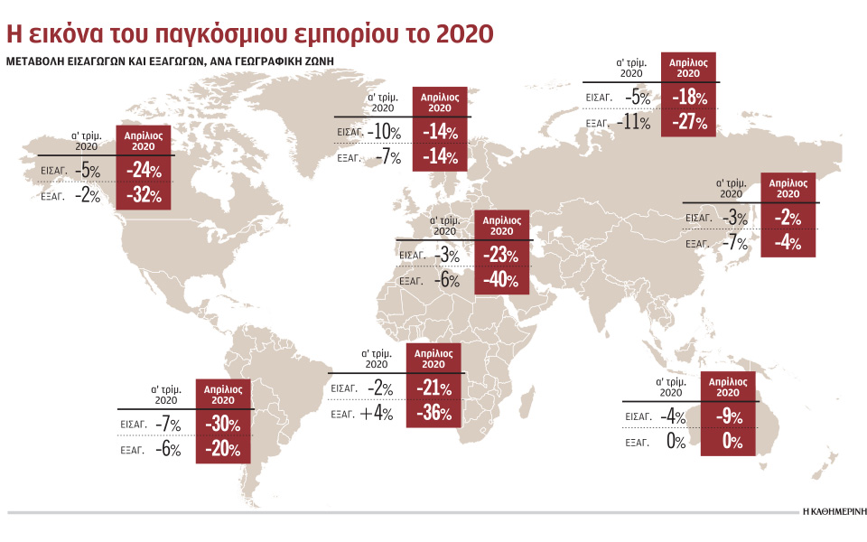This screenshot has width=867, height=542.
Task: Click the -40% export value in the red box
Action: [499, 281]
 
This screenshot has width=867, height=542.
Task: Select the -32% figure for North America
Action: [144, 194]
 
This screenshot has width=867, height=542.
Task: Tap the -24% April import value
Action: [144, 170]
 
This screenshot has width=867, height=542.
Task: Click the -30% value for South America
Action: [222, 424]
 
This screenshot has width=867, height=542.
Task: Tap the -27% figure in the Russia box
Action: [689, 123]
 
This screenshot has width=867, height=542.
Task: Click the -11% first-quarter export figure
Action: [633, 123]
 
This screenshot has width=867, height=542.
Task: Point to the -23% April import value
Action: [499, 256]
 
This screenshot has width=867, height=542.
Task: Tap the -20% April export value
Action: [222, 449]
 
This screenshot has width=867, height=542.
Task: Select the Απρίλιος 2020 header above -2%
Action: [788, 188]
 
